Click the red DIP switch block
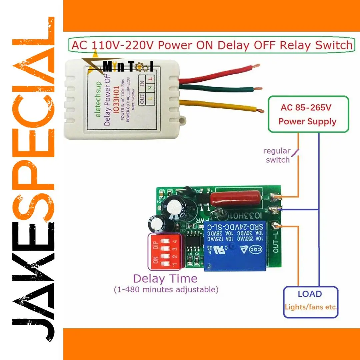[x=165, y=252]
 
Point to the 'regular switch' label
[x=277, y=155]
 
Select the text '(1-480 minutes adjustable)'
[x=166, y=289]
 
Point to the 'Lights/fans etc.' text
[x=311, y=307]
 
